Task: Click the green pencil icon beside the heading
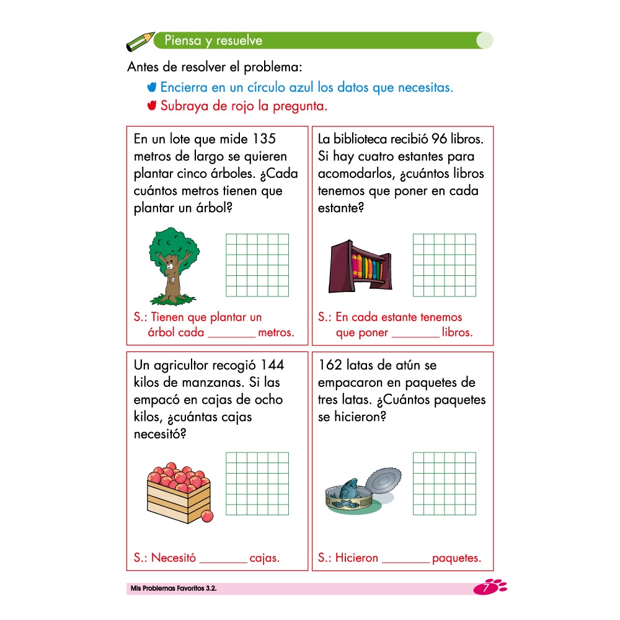[140, 42]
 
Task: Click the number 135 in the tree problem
[264, 139]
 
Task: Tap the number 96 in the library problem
[439, 139]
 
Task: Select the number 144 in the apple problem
[272, 365]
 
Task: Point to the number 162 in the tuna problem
[330, 365]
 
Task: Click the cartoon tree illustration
[174, 266]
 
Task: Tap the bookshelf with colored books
[360, 267]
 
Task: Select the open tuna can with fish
[363, 491]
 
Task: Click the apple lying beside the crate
[207, 516]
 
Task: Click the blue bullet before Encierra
[152, 87]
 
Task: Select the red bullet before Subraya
[152, 105]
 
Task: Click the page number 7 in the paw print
[485, 588]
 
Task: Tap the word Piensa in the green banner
[183, 40]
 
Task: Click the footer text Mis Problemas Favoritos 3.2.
[174, 588]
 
